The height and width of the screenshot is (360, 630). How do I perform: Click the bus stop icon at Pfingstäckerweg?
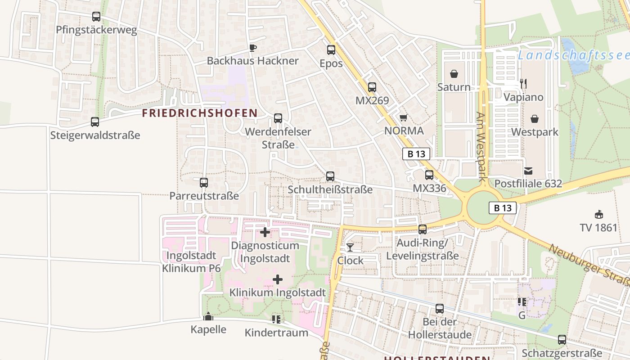pos(96,17)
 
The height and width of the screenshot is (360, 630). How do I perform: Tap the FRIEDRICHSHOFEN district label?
pos(199,113)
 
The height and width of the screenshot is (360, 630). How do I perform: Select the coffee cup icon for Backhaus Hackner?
pos(252,48)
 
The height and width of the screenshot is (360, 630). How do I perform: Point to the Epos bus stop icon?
pos(331,50)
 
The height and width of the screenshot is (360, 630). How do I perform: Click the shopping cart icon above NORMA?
pos(403,117)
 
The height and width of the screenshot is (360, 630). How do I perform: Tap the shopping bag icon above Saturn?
pos(454,74)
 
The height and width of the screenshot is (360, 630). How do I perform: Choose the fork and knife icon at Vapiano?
pos(523,84)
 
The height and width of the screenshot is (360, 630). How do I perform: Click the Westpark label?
pos(535,132)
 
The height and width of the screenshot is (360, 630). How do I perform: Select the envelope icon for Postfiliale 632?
pos(528,171)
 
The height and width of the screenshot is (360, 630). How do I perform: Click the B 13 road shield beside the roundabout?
pos(502,208)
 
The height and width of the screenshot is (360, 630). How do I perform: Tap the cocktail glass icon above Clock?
pos(350,247)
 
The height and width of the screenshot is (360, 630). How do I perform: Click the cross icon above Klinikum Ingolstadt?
pos(278,279)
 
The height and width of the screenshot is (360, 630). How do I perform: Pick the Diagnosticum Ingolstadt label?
pos(265,252)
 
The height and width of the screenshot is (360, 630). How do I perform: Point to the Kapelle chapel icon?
pos(208,317)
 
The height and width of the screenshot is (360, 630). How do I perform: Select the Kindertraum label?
pos(276,333)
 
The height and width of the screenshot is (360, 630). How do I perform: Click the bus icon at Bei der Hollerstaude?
pos(440,309)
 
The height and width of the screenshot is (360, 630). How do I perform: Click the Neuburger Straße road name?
pos(589,265)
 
